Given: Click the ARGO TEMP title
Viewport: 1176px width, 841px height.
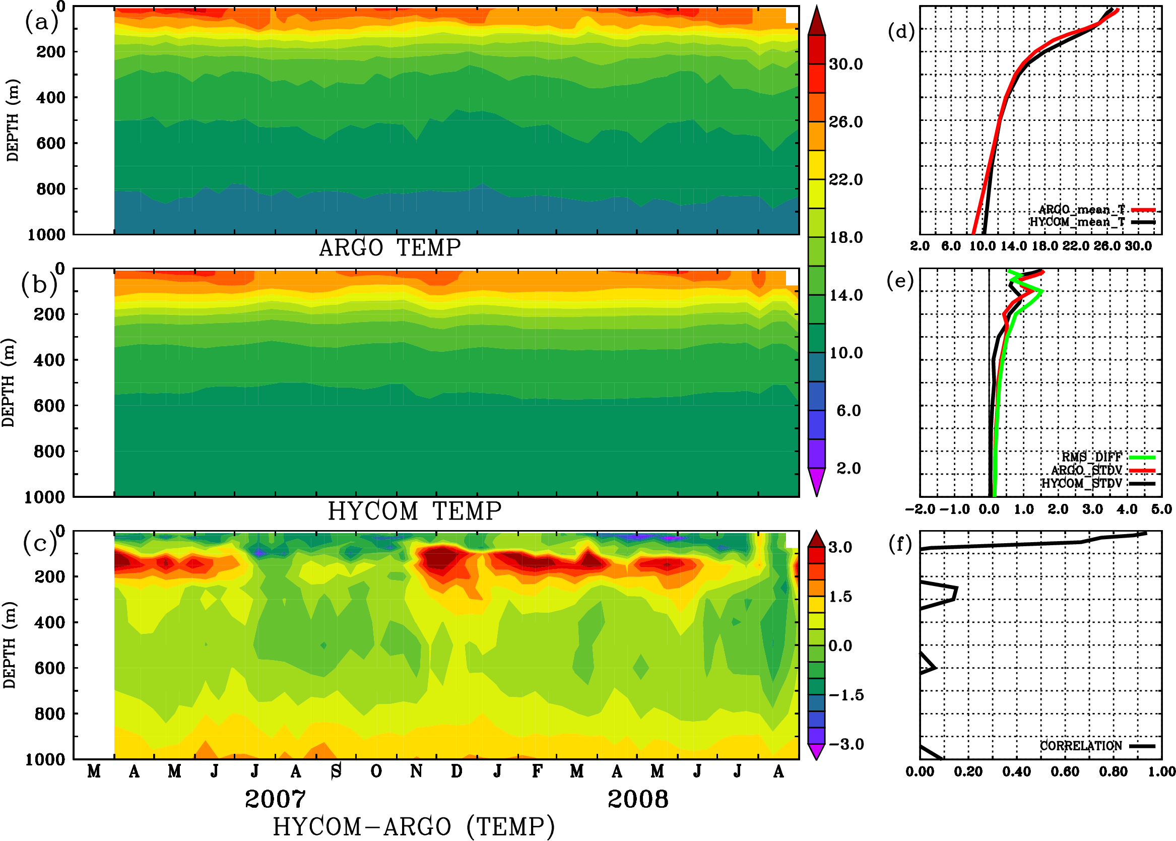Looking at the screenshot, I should [x=389, y=248].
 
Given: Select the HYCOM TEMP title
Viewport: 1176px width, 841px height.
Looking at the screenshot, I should [x=415, y=511].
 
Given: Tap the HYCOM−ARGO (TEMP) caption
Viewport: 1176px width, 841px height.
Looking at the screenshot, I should [x=414, y=826].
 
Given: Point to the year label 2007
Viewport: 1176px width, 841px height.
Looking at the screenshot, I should [x=275, y=799].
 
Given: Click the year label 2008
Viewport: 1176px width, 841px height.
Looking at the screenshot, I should [x=637, y=799].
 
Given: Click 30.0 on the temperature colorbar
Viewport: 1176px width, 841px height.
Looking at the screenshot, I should [x=845, y=64].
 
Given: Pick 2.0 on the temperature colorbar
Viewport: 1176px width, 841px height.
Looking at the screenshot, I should [x=848, y=468].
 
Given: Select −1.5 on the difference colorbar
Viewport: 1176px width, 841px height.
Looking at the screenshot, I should [x=846, y=695].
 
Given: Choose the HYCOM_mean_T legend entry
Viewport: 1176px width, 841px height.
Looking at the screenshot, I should [x=1077, y=222].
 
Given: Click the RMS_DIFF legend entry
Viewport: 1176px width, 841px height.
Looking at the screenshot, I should [x=1091, y=457].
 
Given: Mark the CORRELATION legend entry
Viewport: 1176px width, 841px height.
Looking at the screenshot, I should [x=1081, y=746].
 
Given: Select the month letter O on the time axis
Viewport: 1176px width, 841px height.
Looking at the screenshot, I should [x=376, y=771].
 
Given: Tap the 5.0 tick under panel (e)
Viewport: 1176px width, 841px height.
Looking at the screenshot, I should [x=1161, y=509].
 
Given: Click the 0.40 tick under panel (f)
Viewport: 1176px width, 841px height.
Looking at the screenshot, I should [x=1016, y=771].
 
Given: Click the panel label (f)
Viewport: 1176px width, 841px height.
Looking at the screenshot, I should [x=899, y=544].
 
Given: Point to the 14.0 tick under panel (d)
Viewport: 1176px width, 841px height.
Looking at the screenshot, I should [x=1013, y=246].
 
